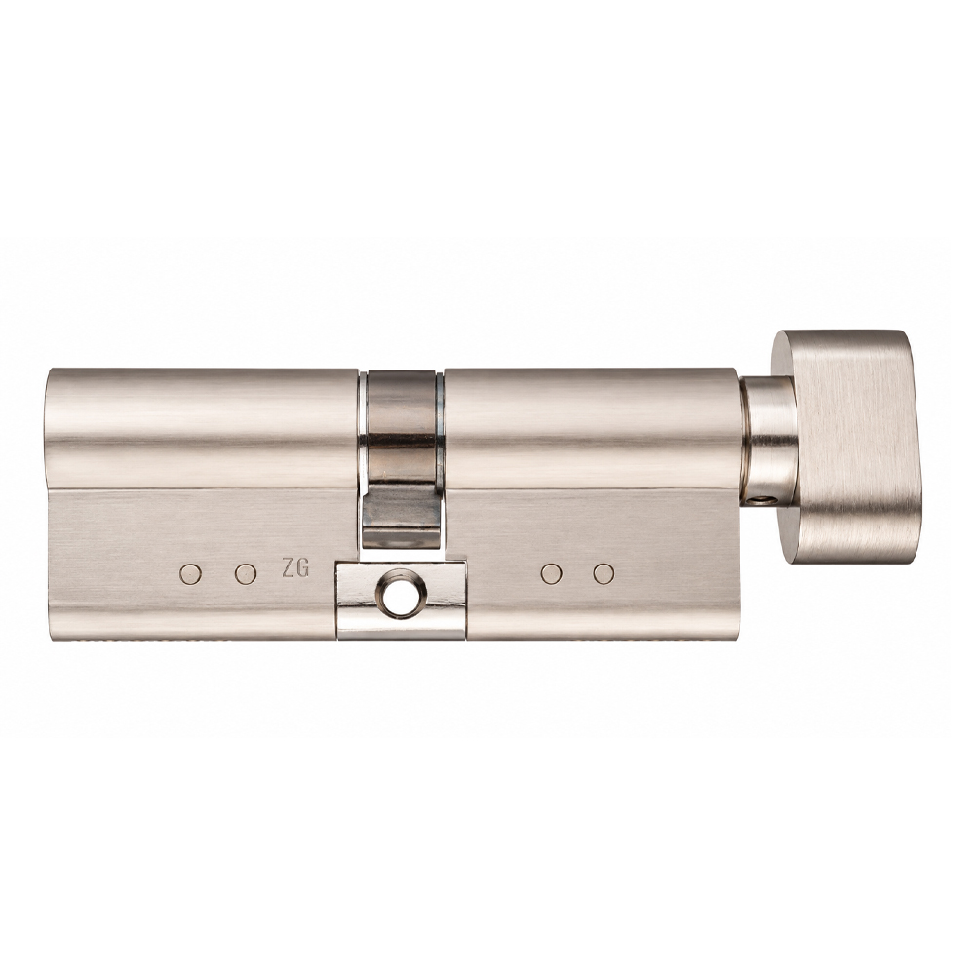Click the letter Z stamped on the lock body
click(x=288, y=569)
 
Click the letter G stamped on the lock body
click(x=303, y=569)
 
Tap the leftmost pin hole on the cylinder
click(x=190, y=574)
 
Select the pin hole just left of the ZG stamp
click(x=246, y=574)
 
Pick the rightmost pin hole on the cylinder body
click(x=604, y=574)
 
